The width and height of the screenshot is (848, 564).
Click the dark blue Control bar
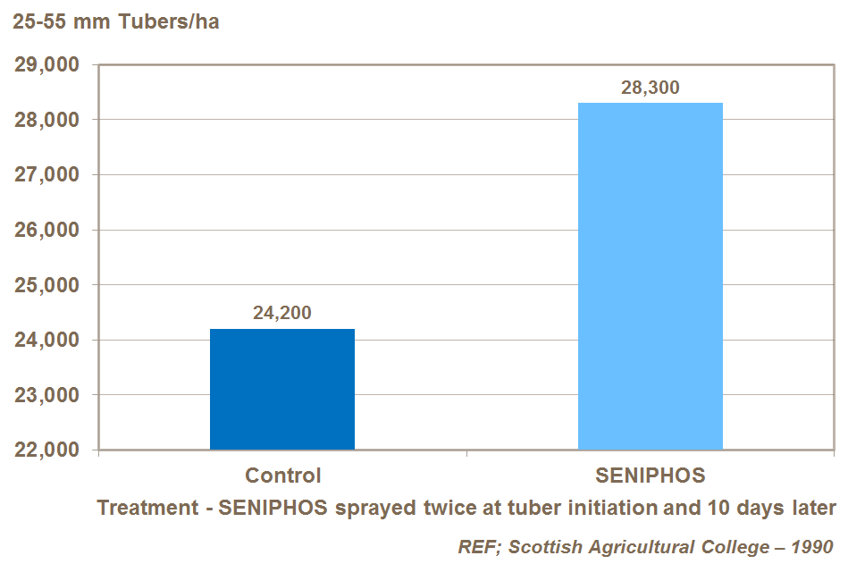coord(282,389)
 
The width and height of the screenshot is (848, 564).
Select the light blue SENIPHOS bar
coord(650,276)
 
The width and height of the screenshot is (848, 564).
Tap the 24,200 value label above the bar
coord(282,314)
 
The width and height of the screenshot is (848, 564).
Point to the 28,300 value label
coord(650,88)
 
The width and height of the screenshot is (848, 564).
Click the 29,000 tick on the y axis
coord(45,65)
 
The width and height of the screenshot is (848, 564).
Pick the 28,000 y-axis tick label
coord(45,120)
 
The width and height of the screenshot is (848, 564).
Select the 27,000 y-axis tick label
coord(45,175)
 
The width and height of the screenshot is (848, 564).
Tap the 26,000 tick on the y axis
coord(45,231)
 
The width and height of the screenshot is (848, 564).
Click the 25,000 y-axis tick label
coord(45,285)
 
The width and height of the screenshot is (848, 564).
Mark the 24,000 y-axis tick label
coord(45,341)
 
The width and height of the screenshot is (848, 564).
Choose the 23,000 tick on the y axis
coord(45,395)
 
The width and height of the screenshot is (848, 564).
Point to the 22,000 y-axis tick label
coord(45,450)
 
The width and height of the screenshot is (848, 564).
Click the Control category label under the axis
coord(282,475)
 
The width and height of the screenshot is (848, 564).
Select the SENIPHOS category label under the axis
coord(650,475)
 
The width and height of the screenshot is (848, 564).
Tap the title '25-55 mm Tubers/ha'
coord(116,22)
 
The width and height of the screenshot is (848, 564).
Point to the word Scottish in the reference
coord(541,546)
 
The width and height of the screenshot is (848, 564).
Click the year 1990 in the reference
coord(813,546)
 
